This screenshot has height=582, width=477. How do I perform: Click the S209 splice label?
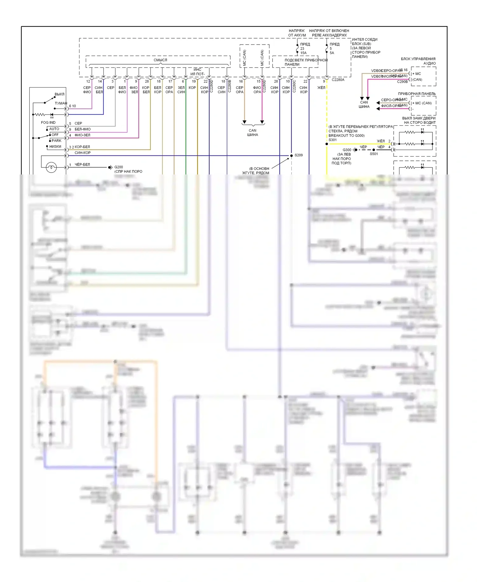click(299, 155)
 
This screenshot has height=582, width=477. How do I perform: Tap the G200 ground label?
click(119, 167)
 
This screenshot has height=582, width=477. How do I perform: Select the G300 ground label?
click(347, 150)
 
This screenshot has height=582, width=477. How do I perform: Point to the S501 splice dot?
click(374, 150)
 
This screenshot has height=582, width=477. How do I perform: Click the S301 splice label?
click(333, 140)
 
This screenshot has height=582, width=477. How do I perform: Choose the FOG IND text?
click(48, 123)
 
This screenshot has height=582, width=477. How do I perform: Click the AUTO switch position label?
click(54, 129)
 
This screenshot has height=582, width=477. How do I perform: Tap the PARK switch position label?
click(57, 141)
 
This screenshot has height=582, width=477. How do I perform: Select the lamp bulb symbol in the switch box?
click(51, 167)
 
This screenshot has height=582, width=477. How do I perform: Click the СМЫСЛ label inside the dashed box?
click(160, 60)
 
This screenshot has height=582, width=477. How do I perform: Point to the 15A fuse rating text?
click(303, 53)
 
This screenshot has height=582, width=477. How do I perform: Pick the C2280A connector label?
click(338, 80)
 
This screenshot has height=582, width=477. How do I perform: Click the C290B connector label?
click(402, 82)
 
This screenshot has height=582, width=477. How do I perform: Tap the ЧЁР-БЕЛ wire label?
click(82, 165)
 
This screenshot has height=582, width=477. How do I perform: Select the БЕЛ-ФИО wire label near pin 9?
click(82, 129)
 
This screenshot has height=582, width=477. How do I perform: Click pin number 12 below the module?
click(88, 82)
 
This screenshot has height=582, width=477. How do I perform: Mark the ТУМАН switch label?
click(61, 103)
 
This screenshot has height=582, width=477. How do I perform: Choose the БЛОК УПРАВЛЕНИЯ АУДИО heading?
click(418, 61)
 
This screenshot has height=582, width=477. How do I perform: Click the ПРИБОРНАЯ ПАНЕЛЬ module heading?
click(417, 94)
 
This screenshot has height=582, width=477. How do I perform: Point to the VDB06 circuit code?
click(377, 71)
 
